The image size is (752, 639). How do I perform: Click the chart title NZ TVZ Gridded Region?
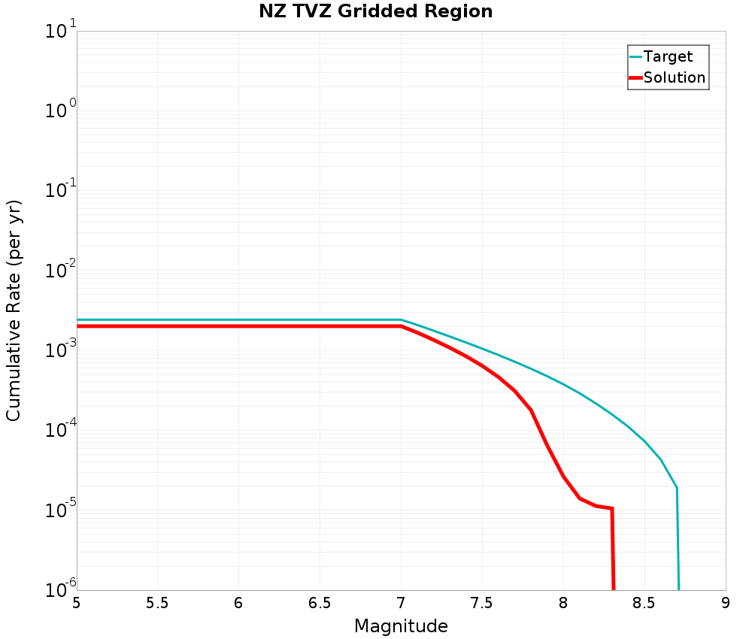(x=375, y=12)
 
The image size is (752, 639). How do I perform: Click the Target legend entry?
(x=668, y=56)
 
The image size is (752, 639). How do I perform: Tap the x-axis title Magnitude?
(x=401, y=626)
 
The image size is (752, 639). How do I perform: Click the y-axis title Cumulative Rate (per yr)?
(x=14, y=310)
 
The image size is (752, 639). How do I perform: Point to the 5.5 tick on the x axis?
(x=157, y=603)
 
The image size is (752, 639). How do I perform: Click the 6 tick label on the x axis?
(x=238, y=603)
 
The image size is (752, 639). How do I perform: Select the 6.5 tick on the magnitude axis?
(x=320, y=603)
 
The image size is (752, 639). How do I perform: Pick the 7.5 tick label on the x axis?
(x=482, y=603)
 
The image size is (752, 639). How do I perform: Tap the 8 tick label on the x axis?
(x=563, y=603)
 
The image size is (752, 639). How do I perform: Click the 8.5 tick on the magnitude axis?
(x=644, y=603)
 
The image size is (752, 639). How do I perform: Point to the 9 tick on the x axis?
(x=726, y=603)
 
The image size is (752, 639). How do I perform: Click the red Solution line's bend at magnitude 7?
(x=401, y=326)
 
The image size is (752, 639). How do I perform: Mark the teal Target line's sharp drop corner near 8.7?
(x=677, y=488)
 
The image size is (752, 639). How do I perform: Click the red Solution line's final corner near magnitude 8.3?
(x=612, y=509)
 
